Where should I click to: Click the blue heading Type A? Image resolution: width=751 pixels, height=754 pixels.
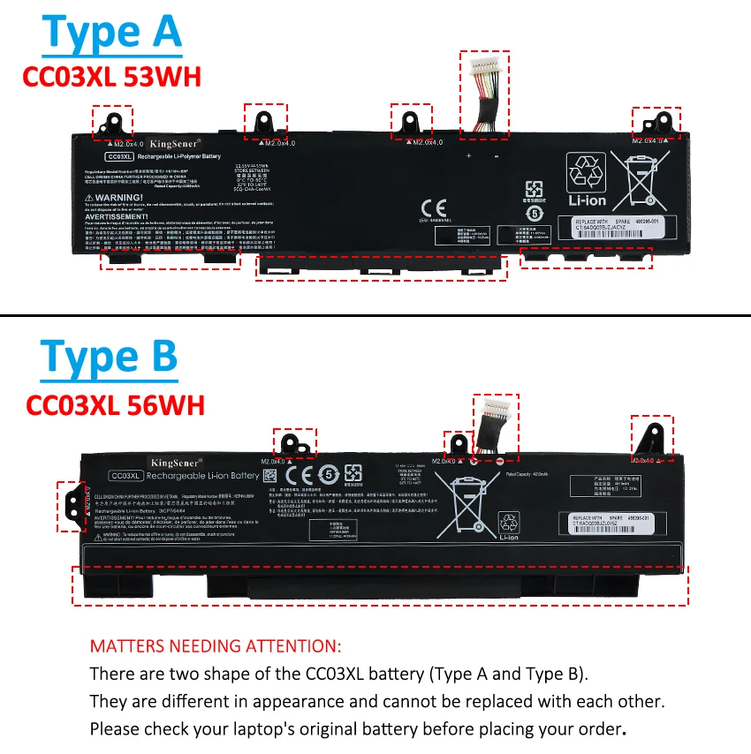(x=112, y=33)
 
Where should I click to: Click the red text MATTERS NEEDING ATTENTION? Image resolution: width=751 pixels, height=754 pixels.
(x=215, y=647)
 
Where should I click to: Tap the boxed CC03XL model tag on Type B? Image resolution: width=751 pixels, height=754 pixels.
(x=125, y=475)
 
